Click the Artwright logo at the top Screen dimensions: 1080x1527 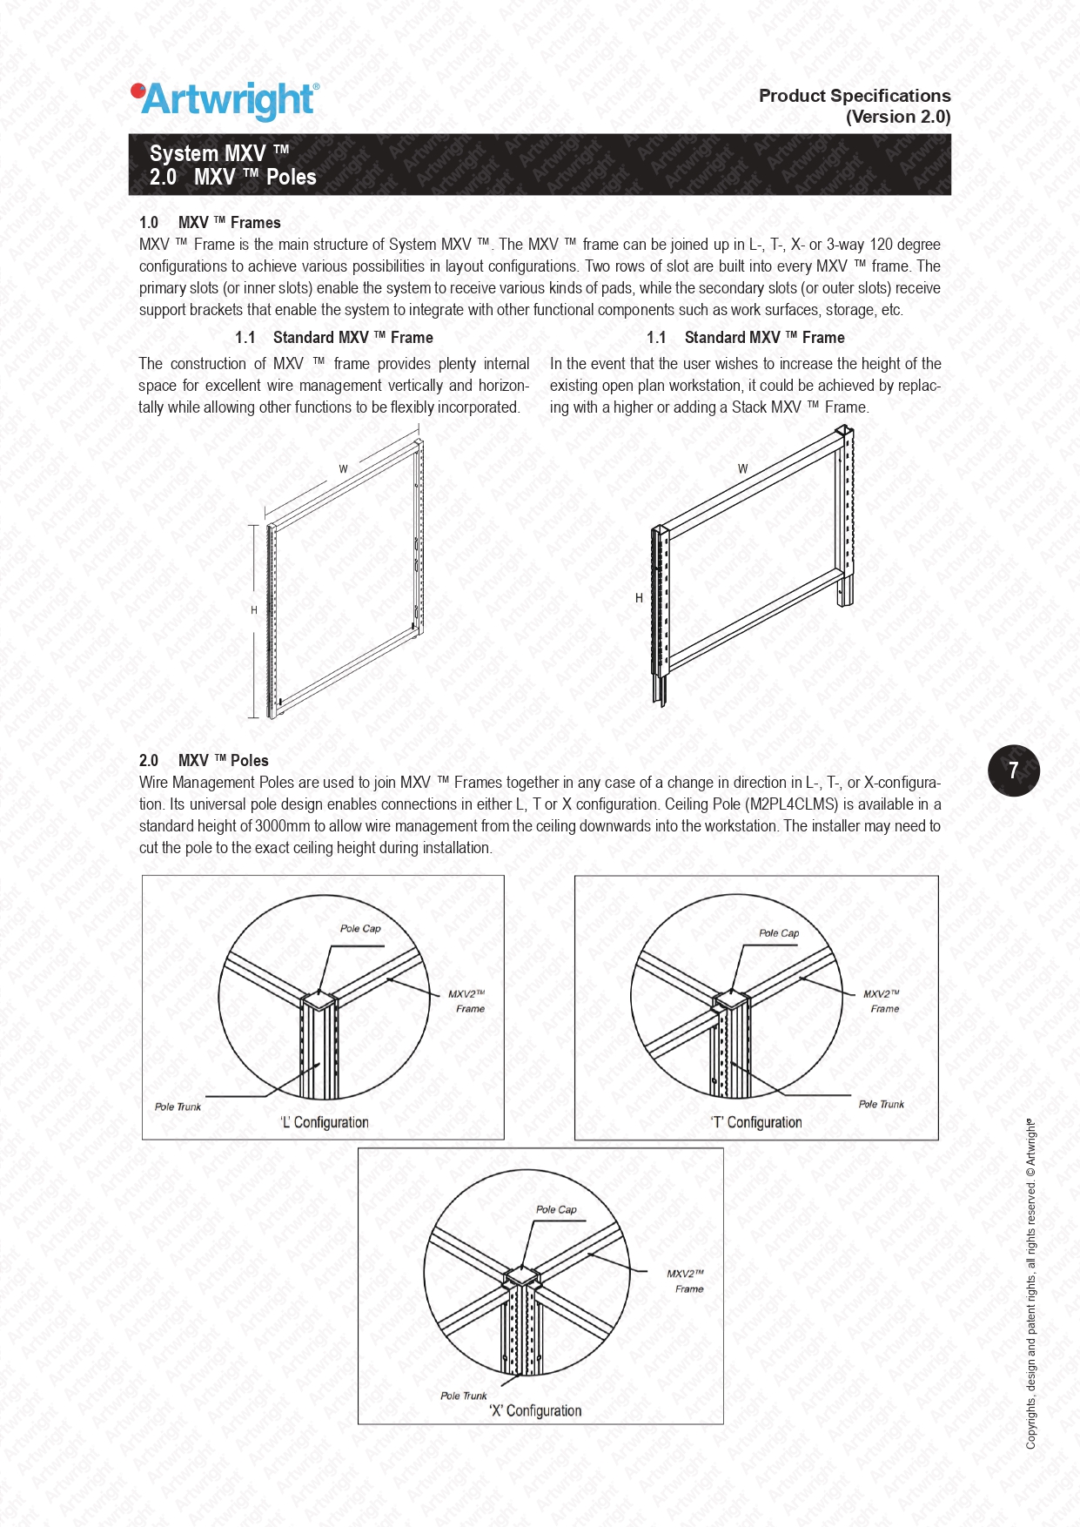(x=225, y=101)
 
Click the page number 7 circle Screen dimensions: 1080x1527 (x=1014, y=770)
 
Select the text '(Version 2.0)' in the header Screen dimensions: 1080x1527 (x=898, y=117)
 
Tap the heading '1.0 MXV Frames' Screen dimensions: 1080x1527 (x=210, y=223)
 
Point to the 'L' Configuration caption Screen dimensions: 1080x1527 (x=324, y=1122)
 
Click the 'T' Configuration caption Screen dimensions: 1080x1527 (x=756, y=1122)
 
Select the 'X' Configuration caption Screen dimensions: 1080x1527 (x=535, y=1410)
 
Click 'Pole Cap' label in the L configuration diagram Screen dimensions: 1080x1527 (x=360, y=928)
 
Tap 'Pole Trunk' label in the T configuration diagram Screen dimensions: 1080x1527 (x=882, y=1104)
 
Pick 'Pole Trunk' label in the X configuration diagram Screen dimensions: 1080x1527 (x=464, y=1396)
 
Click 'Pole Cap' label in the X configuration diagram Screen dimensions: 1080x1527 (x=556, y=1209)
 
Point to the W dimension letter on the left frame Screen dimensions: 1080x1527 (x=344, y=469)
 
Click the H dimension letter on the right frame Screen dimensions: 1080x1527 (x=639, y=598)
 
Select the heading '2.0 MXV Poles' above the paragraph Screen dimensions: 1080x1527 (x=204, y=761)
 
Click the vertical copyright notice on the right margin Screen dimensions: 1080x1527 (x=1031, y=1283)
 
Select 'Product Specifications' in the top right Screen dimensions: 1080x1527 (x=855, y=96)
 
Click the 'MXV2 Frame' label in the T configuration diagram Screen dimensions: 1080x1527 (x=882, y=1001)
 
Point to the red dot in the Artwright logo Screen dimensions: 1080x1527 (x=137, y=90)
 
